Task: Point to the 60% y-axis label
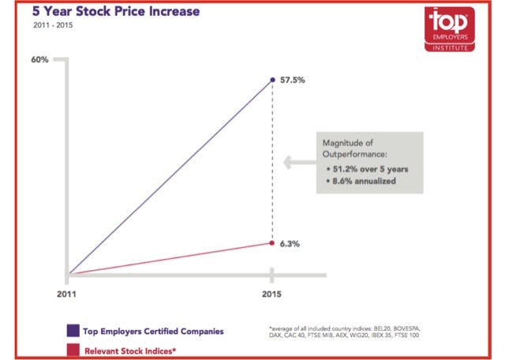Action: (40, 60)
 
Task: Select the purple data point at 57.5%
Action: (272, 80)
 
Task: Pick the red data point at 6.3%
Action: (272, 243)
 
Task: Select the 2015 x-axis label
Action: (272, 294)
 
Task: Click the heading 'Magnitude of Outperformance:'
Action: (350, 148)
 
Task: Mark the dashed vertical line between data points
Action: (272, 158)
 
